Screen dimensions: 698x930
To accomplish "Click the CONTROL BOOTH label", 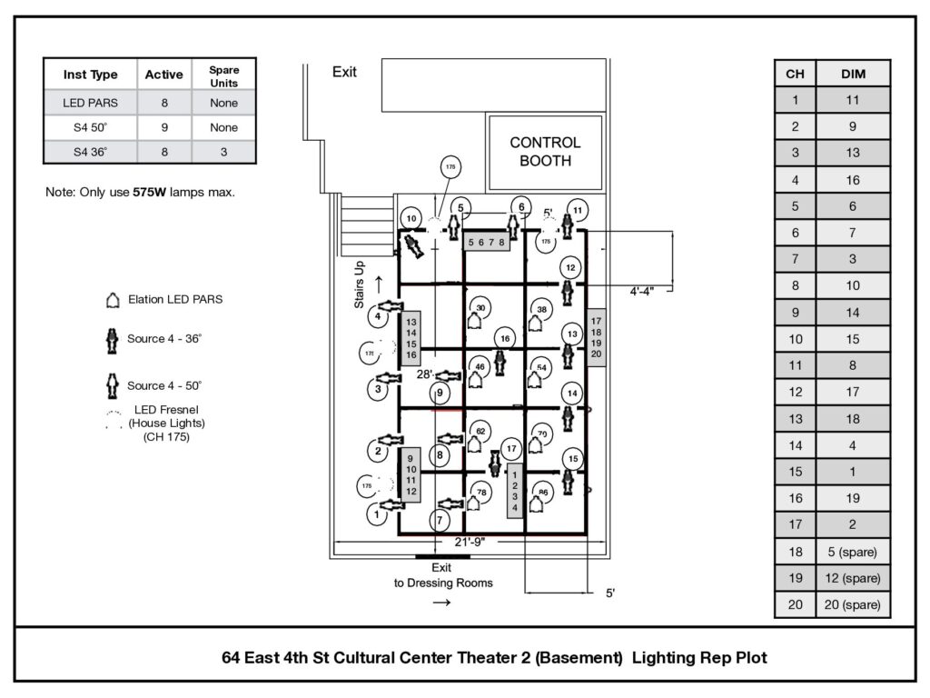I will coord(545,152).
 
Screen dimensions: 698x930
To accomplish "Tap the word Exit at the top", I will coord(344,73).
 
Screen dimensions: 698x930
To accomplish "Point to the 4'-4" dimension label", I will coord(649,292).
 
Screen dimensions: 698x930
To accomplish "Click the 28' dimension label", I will coord(425,374).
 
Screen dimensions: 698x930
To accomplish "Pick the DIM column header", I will coord(853,75).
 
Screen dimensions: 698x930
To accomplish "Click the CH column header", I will coord(795,75).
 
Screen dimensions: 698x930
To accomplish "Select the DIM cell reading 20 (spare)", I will coord(853,604).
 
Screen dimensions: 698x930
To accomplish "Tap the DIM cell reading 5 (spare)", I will coord(853,551).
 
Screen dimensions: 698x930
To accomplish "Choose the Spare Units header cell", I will coord(223,75).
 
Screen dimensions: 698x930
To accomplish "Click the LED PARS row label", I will coord(90,103).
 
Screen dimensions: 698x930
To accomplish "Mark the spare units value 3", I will coord(223,152).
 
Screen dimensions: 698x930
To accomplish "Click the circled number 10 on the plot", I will coord(411,219).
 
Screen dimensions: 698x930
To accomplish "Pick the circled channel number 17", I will coord(512,448).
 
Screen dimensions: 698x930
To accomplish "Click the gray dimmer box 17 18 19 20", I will coord(596,338).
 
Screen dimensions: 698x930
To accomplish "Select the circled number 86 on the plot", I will coord(543,494).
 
